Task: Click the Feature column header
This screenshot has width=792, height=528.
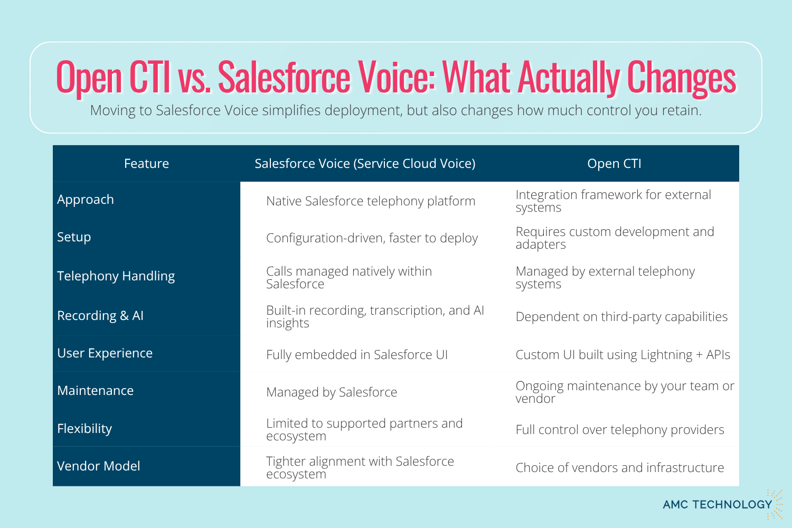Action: [x=146, y=164]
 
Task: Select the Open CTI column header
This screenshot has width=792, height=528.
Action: [x=614, y=164]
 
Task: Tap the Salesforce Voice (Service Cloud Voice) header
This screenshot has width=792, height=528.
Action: [x=365, y=164]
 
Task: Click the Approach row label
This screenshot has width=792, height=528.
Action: [x=86, y=200]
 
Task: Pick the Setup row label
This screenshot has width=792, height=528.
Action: [x=74, y=237]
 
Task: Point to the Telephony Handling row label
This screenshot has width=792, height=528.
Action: [x=116, y=276]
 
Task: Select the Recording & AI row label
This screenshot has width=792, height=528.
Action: [x=100, y=316]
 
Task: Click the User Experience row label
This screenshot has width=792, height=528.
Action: [x=105, y=353]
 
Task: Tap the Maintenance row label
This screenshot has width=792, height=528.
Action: [x=95, y=391]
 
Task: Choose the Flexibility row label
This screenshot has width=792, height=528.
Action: [x=84, y=429]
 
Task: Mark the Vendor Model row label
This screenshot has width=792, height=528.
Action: [x=98, y=466]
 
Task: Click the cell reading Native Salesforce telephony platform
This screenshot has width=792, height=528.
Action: [x=371, y=201]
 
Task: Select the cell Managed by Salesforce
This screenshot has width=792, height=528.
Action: [x=332, y=392]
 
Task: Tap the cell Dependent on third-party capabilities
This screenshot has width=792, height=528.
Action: [x=621, y=317]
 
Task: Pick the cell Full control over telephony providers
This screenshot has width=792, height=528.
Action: [x=620, y=430]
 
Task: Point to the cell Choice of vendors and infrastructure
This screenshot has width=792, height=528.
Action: [x=620, y=468]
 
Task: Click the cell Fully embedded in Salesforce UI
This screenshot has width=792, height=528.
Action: [x=357, y=355]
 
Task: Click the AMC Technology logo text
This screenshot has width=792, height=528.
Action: [x=718, y=505]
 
